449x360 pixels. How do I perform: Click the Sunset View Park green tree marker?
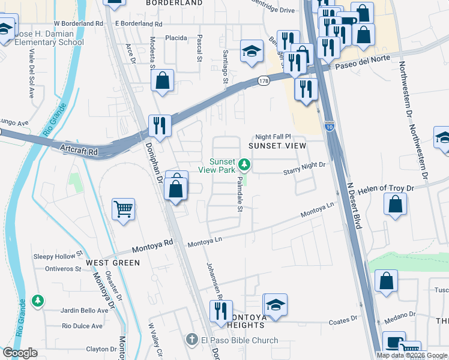coord(244,164)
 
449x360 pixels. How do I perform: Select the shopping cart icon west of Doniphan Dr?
coord(124,209)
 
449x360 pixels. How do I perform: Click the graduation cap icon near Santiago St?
coord(252,51)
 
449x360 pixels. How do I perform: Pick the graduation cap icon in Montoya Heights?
coord(276,304)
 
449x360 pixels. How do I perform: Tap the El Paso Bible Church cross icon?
coord(191,340)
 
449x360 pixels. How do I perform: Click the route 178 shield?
coord(264,80)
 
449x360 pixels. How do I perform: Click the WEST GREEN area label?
coord(113,263)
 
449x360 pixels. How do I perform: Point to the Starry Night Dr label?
coord(304,172)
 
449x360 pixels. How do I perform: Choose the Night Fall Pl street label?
coord(273,137)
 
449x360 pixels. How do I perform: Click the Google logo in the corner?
coord(20,353)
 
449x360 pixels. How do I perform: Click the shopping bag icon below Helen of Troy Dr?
coord(396,205)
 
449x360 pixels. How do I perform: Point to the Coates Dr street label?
coord(343,322)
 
